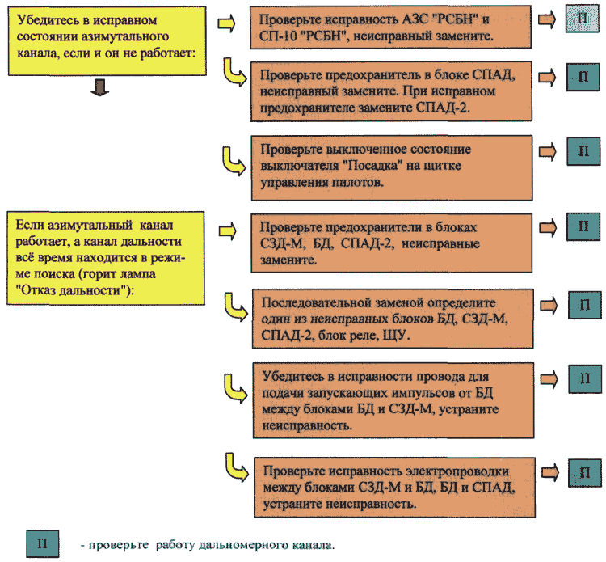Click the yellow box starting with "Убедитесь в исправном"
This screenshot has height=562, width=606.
click(x=107, y=40)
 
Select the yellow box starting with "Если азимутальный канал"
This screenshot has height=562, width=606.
click(x=106, y=258)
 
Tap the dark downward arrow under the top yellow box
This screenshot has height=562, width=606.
click(x=99, y=88)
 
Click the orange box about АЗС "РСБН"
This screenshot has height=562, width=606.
click(x=390, y=27)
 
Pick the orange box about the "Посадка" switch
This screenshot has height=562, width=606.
click(x=392, y=168)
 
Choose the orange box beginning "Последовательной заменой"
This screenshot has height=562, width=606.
click(x=393, y=319)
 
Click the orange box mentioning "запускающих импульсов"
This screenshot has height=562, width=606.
click(x=393, y=401)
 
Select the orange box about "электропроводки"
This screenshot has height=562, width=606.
click(x=394, y=488)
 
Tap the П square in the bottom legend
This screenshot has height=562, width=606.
click(x=43, y=544)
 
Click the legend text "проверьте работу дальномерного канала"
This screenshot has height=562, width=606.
click(x=208, y=545)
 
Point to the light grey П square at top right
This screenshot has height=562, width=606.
click(x=582, y=19)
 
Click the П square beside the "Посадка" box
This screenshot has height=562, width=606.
click(x=583, y=151)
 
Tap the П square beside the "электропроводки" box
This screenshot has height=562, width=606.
click(x=585, y=473)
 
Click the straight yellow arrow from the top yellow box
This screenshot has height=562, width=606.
click(x=226, y=23)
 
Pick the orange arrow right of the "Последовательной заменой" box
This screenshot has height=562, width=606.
click(x=549, y=306)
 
